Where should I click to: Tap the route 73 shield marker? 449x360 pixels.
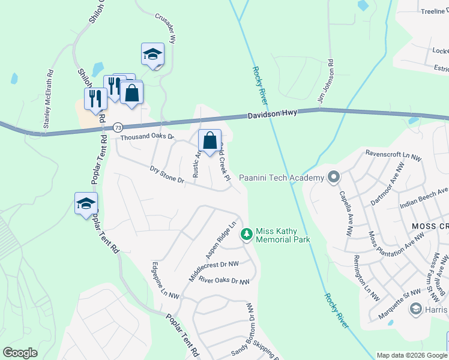click(118, 127)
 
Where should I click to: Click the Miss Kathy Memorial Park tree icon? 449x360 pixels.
click(246, 234)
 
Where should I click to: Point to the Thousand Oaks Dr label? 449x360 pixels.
click(146, 137)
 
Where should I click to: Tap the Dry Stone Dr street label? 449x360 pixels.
click(166, 175)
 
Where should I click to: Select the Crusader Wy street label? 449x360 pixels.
click(165, 28)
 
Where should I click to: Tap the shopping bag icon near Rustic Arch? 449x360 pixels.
click(209, 141)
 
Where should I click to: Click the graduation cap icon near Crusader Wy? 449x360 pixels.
click(152, 54)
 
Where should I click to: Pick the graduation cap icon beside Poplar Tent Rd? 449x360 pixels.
click(86, 203)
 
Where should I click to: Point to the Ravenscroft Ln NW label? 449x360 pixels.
click(394, 154)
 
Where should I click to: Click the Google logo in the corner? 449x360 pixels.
click(20, 353)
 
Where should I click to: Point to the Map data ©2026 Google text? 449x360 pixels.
click(412, 355)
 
